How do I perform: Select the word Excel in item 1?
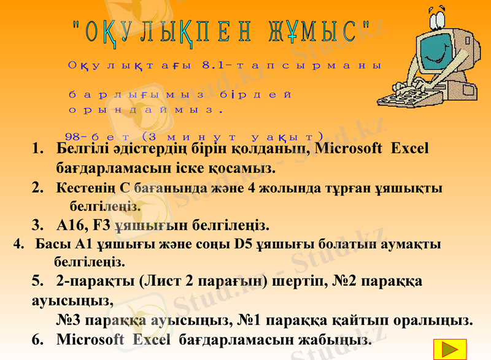click(x=409, y=148)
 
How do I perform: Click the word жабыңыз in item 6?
click(x=342, y=339)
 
